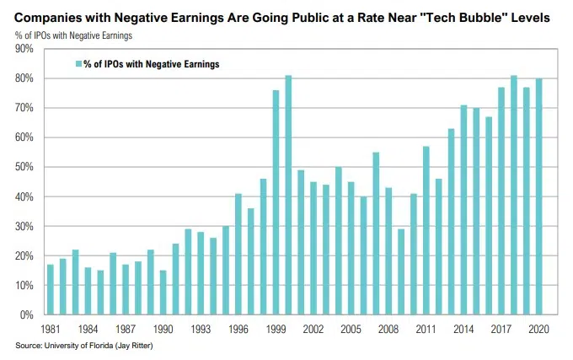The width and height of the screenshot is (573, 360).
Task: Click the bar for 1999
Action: (276, 202)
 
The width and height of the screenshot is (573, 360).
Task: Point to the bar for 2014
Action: (463, 210)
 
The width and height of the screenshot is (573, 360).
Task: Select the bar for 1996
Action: (238, 254)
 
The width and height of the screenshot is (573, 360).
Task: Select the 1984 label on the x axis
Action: (87, 330)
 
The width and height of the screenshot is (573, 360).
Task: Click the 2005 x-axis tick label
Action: (351, 330)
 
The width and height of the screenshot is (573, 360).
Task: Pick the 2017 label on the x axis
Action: (501, 330)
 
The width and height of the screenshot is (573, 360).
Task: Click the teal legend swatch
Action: (78, 64)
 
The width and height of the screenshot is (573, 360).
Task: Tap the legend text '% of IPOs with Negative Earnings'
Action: (151, 64)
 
